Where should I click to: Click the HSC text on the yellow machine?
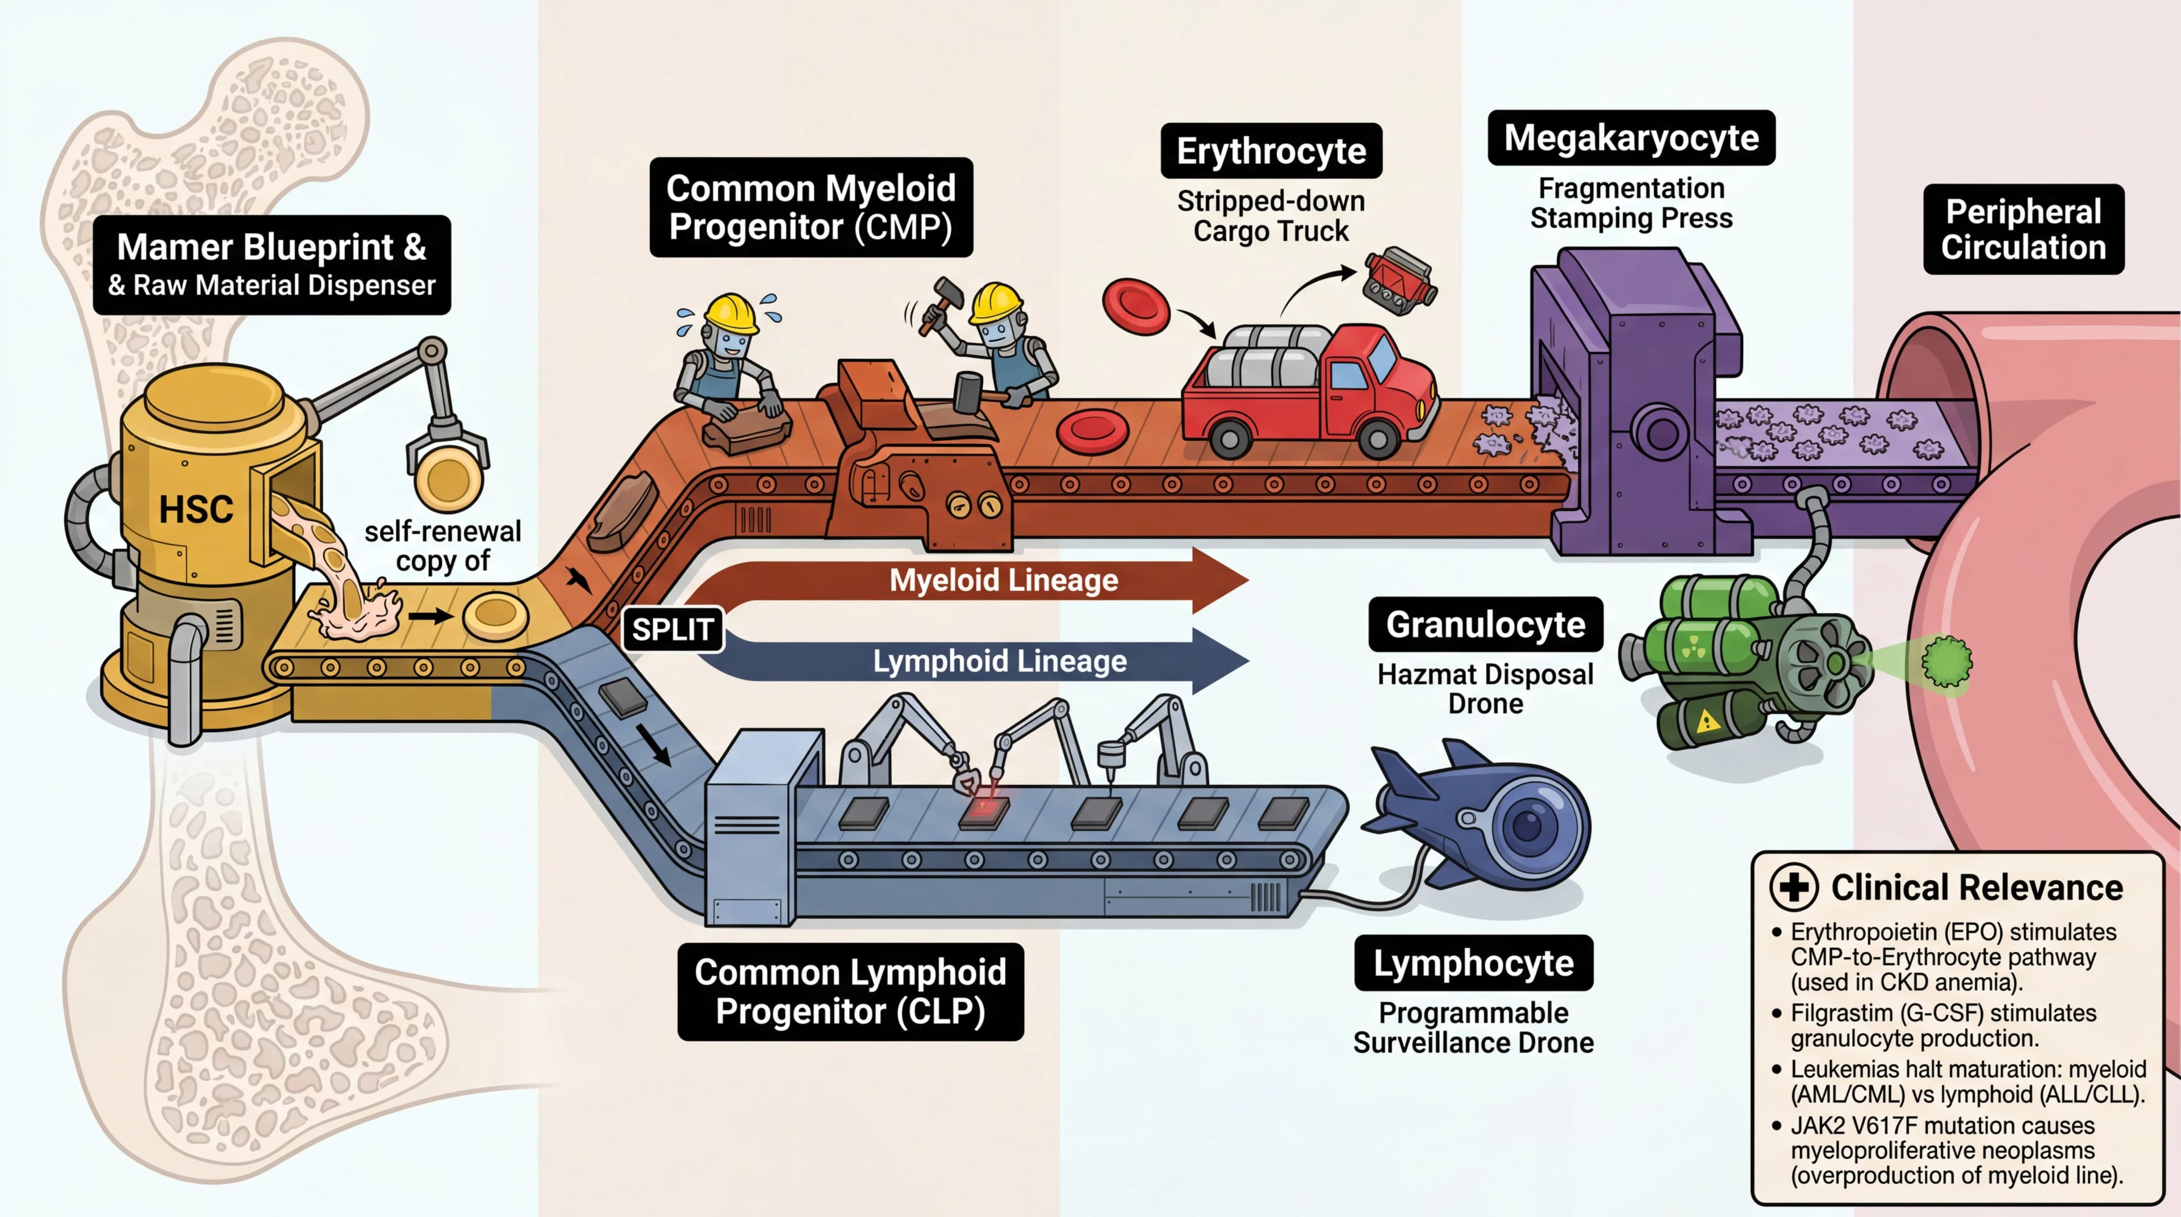coord(197,509)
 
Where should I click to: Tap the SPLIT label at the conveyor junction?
coord(672,630)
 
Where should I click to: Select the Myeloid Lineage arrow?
coord(1003,580)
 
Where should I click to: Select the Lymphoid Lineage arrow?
coord(999,661)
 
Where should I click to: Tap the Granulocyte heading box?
coord(1485,625)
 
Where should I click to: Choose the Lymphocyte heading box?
coord(1473,963)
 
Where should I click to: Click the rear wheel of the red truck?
coord(1229,438)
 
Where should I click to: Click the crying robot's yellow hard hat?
coord(730,312)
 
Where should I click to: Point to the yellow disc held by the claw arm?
coord(449,479)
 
